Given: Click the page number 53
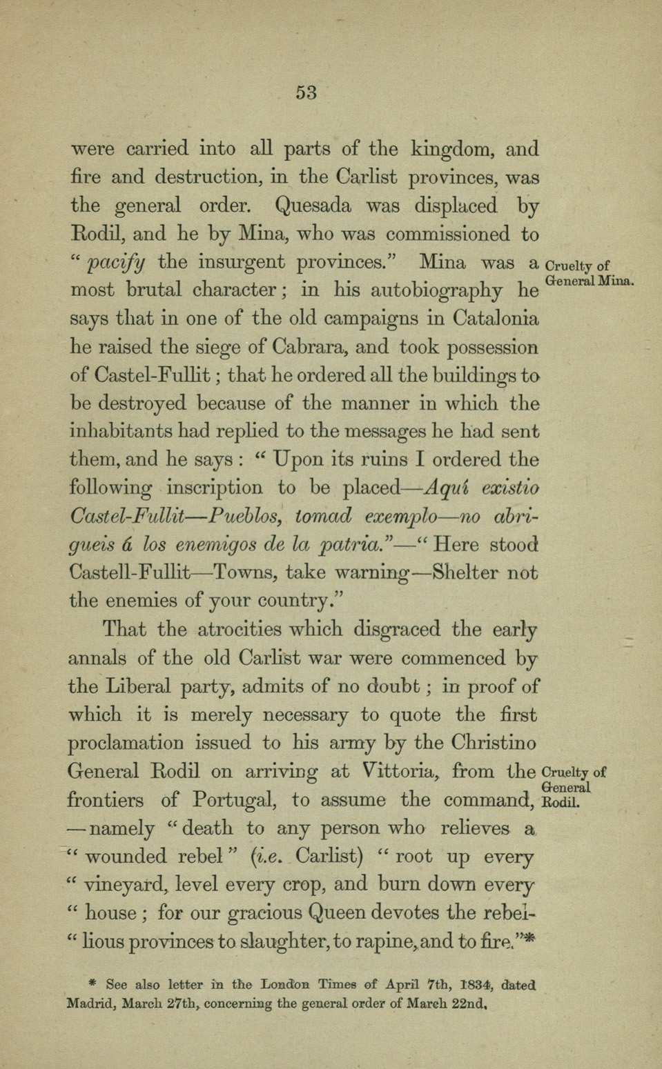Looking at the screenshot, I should (x=306, y=92).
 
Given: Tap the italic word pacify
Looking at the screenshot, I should (x=116, y=262).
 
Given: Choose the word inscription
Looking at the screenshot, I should (x=214, y=488).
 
